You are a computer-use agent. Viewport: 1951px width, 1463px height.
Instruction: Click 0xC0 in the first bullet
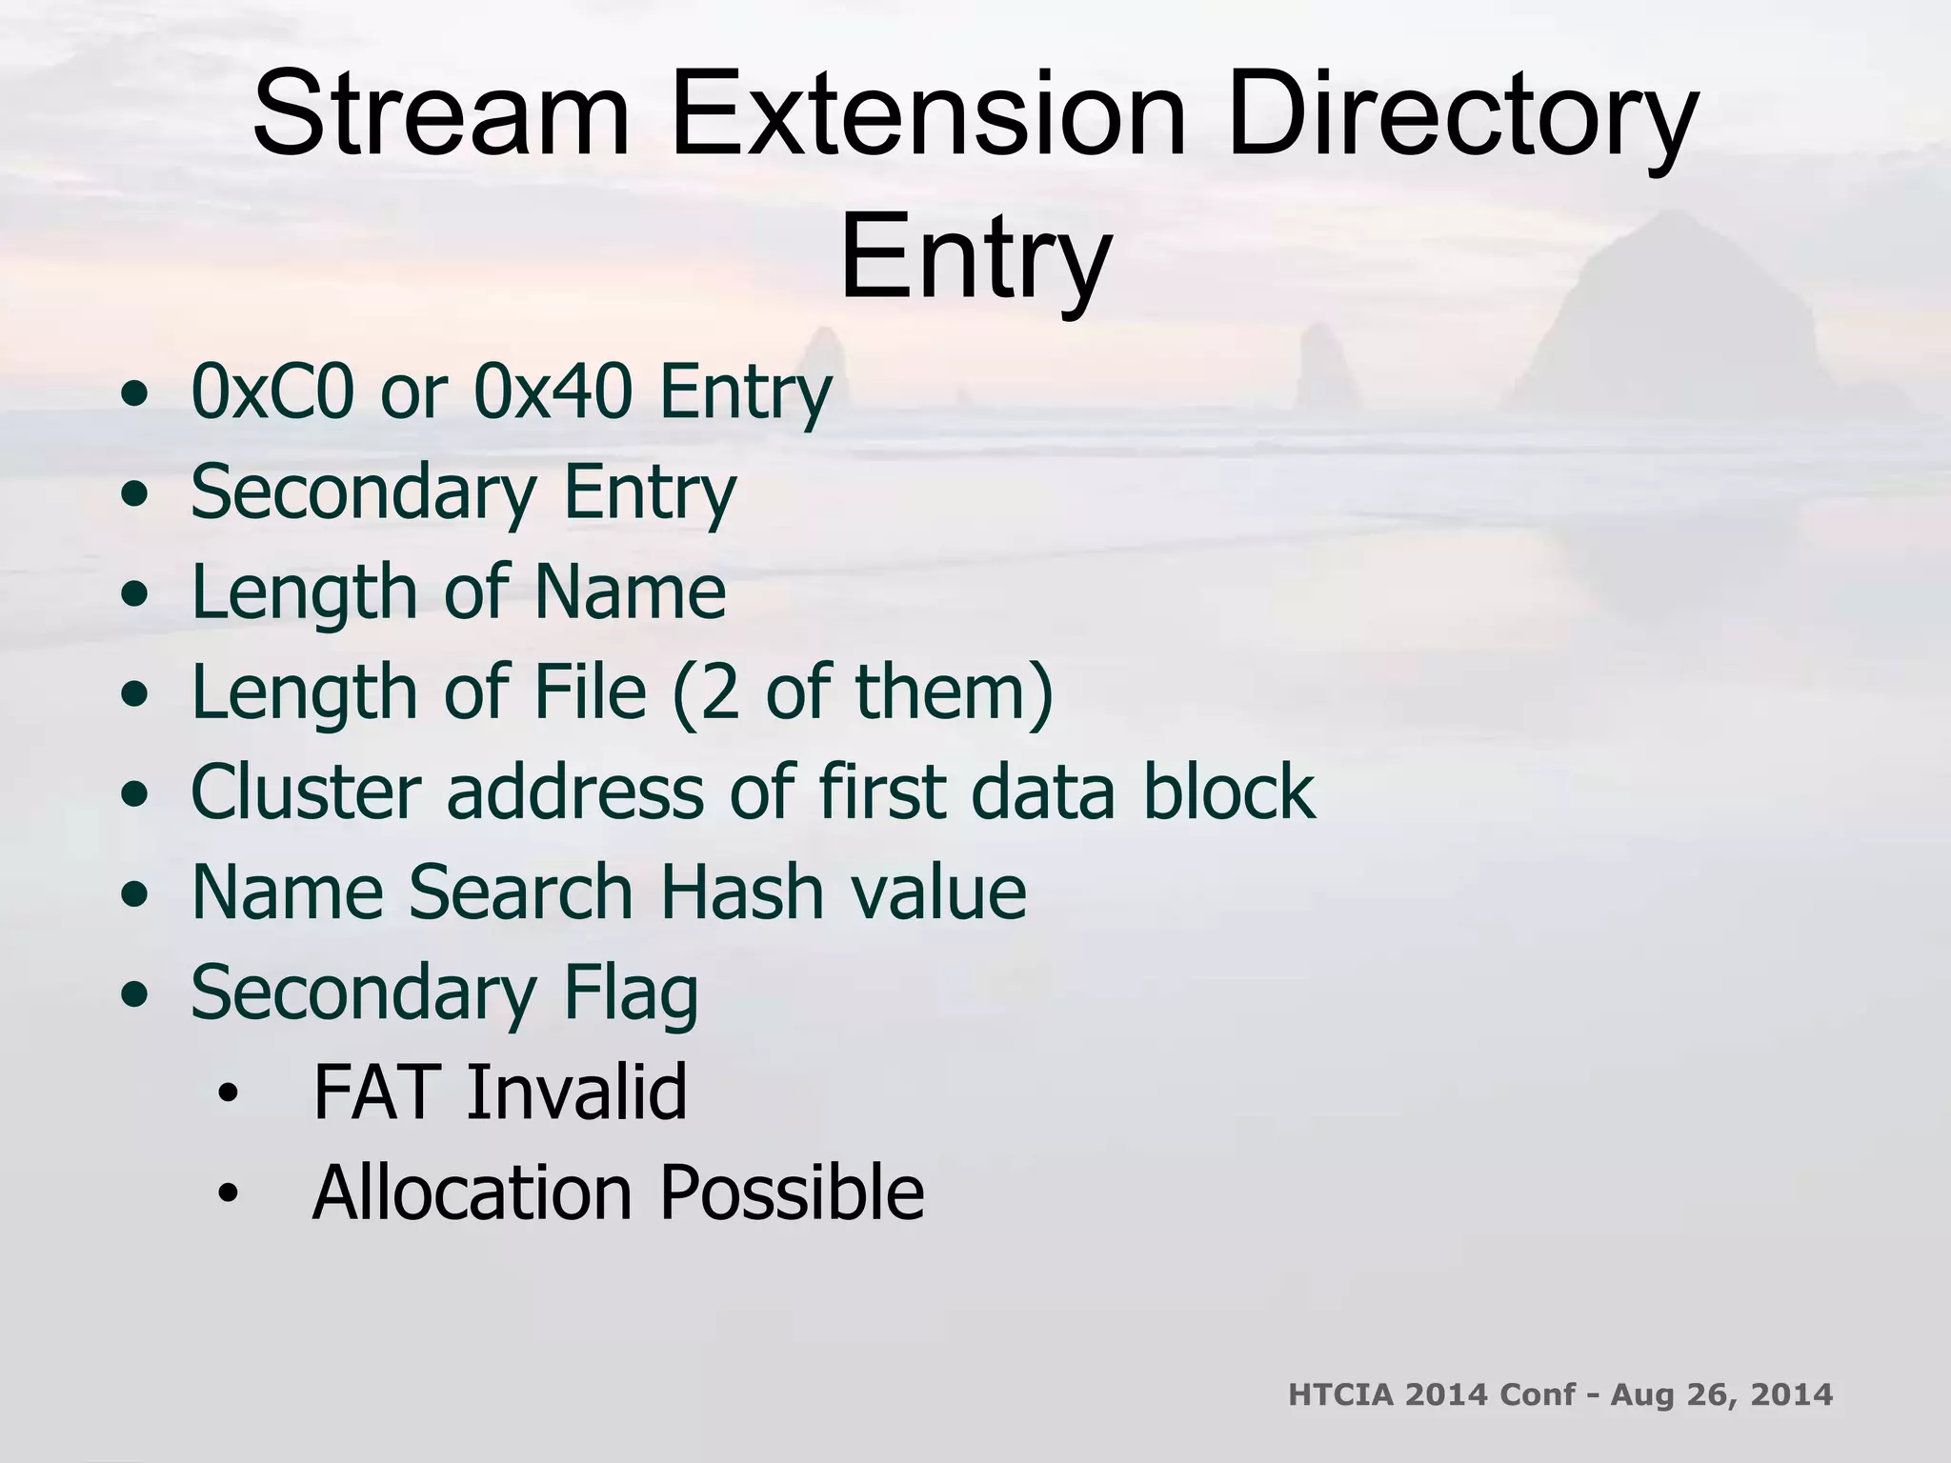click(x=276, y=391)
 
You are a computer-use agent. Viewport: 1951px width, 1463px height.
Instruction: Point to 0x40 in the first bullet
click(x=553, y=391)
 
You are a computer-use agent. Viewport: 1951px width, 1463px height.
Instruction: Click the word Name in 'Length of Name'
click(x=630, y=591)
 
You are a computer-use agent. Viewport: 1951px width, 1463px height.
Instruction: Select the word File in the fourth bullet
click(x=591, y=691)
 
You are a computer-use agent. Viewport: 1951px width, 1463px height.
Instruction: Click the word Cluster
click(x=306, y=792)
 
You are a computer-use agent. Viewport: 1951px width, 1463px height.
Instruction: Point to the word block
click(x=1229, y=792)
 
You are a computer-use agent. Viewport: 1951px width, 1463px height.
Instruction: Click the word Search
click(x=521, y=892)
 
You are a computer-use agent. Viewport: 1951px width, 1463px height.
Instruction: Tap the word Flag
click(x=631, y=993)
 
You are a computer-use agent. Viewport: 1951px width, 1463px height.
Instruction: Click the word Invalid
click(x=576, y=1092)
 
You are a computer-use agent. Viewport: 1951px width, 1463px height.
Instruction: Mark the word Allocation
click(x=473, y=1192)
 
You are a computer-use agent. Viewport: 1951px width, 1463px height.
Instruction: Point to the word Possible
click(x=792, y=1192)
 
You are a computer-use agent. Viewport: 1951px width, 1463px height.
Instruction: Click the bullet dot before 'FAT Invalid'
click(x=226, y=1094)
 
